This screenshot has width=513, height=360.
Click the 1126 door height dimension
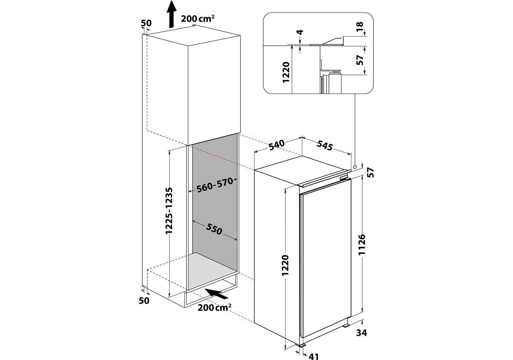tap(362, 245)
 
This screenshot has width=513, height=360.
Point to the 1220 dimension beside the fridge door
tap(285, 265)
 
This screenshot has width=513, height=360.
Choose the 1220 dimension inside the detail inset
tap(286, 72)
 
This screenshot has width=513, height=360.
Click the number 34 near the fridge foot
tap(362, 333)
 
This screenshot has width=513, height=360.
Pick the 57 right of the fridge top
tap(371, 173)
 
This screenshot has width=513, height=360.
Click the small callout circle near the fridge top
tap(355, 167)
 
